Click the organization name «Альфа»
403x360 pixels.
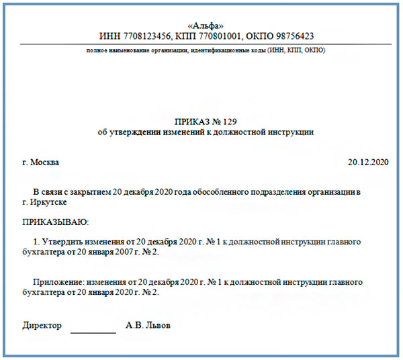[x=201, y=25]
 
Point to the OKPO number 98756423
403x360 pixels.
[x=291, y=36]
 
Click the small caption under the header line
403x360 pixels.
[x=201, y=51]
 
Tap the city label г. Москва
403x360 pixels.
[x=40, y=162]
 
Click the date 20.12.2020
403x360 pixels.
[x=368, y=162]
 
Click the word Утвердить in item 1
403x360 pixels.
[x=69, y=240]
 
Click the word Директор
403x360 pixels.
[x=42, y=326]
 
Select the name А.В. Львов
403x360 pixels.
[x=148, y=326]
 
